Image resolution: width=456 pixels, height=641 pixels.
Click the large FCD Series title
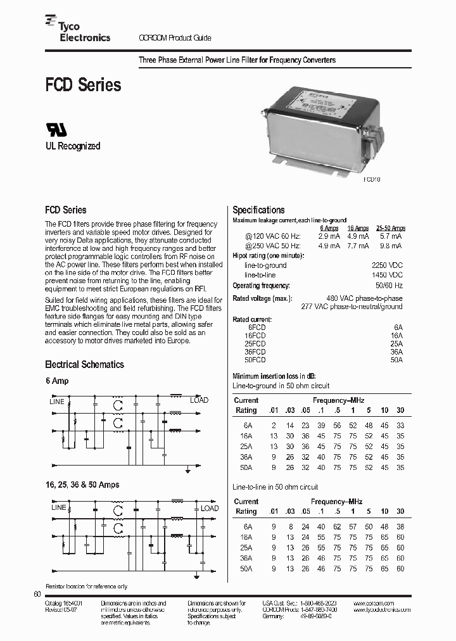82,84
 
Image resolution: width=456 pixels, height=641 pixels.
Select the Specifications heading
258,210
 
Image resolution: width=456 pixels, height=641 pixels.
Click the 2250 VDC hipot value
387,265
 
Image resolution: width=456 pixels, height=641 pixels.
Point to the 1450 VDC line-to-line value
387,276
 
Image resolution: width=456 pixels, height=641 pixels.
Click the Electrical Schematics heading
84,364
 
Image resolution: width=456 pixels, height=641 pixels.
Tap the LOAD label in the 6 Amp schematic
199,400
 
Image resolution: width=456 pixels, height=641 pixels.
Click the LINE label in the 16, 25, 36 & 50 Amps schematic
58,508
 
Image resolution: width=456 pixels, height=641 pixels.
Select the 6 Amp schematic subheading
57,381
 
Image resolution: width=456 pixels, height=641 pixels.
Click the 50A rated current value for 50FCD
396,360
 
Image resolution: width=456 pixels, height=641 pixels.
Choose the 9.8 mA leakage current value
390,246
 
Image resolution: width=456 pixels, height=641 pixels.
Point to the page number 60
36,594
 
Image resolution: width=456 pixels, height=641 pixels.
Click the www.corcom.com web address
374,603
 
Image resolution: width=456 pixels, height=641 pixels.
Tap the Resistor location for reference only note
86,587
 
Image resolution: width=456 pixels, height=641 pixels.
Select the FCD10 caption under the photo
372,179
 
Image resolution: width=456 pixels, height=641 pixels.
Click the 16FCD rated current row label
256,335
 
